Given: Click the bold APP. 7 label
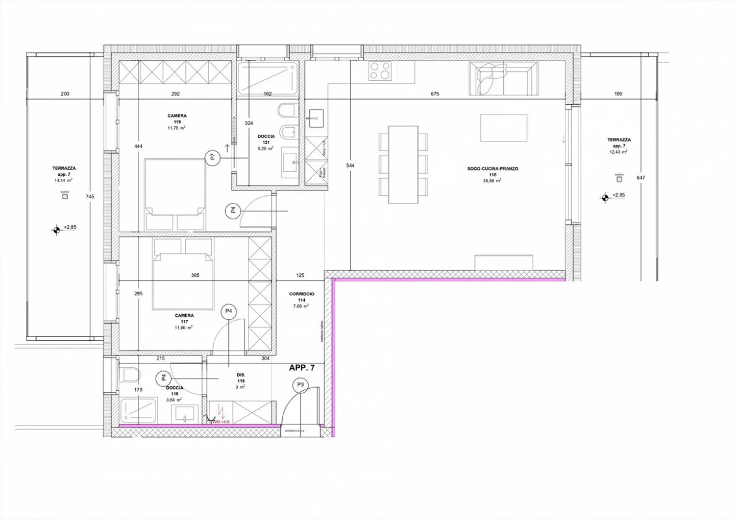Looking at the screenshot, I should point(302,368).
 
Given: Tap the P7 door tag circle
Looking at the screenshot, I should point(213,158).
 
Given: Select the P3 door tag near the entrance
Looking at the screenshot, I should point(300,385).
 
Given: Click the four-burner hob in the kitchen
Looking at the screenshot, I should point(380,70).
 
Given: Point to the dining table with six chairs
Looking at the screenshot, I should point(403,164).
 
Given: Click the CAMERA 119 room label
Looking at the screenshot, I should point(177,116).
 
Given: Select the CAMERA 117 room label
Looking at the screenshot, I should point(184,316).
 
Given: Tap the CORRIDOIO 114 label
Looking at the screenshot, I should point(302,294).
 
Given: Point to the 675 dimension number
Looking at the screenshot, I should point(435,94).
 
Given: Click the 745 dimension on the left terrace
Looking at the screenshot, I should point(90,197).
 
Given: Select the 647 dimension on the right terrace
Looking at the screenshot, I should point(641,178).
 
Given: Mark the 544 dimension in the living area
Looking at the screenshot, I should point(350,166).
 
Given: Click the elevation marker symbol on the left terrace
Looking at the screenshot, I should point(56,230).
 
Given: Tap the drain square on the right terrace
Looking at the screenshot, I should point(619,179).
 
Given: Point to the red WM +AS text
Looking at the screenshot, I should point(220,421).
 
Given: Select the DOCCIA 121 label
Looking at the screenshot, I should point(266,136).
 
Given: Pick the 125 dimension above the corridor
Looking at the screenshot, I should point(300,275).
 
